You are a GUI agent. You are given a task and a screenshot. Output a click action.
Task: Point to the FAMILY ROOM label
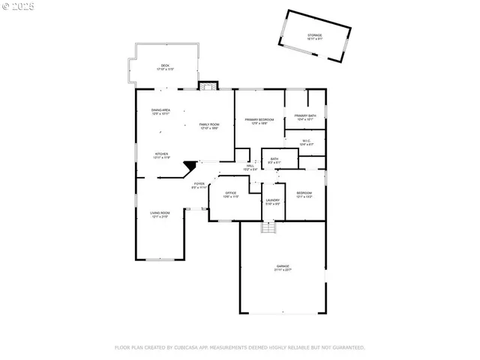click(209, 125)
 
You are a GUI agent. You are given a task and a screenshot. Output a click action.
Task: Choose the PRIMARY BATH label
click(306, 117)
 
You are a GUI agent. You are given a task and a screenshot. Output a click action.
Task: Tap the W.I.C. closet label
click(307, 142)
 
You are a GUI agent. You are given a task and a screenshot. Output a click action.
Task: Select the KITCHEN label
click(162, 155)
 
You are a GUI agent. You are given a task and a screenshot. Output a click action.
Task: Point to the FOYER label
click(199, 184)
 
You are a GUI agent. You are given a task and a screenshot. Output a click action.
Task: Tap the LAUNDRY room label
click(272, 201)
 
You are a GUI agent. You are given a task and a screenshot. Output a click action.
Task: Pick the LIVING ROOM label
click(160, 214)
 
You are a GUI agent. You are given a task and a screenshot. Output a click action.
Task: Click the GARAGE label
click(283, 267)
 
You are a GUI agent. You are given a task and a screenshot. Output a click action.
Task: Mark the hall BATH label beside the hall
click(274, 160)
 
